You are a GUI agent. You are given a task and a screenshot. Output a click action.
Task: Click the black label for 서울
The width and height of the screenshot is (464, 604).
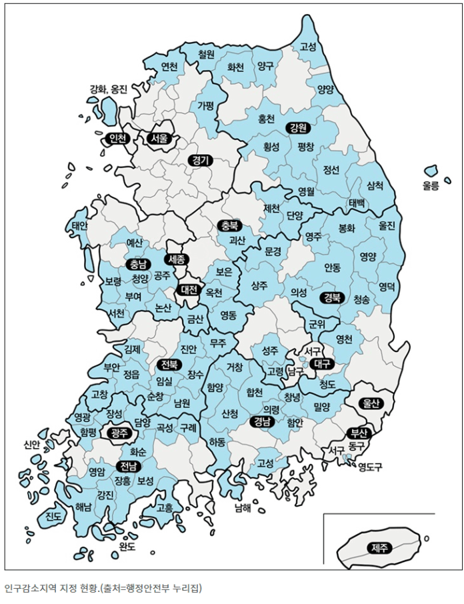point(159,139)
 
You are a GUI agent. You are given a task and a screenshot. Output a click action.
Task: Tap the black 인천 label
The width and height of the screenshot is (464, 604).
point(117,139)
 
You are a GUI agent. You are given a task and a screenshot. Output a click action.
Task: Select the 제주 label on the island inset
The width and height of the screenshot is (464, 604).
point(379,548)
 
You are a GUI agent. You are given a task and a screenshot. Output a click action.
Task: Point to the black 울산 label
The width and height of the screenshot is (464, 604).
point(369,403)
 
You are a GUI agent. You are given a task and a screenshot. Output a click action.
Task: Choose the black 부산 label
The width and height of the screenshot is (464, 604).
point(359,431)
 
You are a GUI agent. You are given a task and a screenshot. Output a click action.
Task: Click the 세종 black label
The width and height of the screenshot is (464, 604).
point(177,259)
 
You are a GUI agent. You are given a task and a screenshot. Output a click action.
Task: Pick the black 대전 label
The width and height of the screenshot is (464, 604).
point(190,290)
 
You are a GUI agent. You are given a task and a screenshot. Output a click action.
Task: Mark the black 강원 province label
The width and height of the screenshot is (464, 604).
point(297,127)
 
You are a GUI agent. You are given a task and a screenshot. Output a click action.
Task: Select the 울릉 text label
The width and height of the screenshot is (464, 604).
point(431,187)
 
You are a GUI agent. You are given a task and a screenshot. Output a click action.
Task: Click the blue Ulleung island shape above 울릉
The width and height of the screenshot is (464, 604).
point(431,171)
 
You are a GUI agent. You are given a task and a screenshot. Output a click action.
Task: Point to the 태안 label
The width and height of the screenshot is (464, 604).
point(79,227)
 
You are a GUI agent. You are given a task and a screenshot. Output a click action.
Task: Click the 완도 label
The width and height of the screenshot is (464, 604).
point(127,547)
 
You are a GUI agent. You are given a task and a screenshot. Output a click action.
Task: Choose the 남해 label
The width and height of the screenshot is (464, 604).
point(243,507)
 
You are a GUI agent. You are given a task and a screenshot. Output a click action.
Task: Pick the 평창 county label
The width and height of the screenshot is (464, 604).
point(306,147)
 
